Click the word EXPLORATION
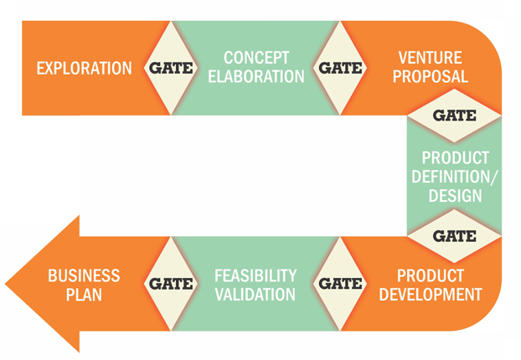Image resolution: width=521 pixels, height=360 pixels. (x=84, y=68)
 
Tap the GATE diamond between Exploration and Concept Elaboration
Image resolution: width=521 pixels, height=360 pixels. (x=171, y=68)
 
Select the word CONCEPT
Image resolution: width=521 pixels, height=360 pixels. (x=256, y=59)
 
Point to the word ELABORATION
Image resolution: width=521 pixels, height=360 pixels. (x=256, y=76)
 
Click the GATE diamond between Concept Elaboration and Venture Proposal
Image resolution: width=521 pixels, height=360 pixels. (x=340, y=68)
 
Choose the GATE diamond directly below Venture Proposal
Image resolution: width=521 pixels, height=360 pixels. (x=454, y=116)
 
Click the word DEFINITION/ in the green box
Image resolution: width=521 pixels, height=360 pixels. (x=453, y=177)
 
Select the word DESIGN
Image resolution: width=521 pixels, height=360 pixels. (x=453, y=196)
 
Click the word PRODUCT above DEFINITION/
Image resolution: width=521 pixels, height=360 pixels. (x=453, y=158)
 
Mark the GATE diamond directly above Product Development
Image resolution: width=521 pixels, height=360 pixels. (x=454, y=236)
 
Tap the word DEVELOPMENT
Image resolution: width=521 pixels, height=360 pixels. (x=430, y=294)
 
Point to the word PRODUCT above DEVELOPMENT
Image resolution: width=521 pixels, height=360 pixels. (x=430, y=275)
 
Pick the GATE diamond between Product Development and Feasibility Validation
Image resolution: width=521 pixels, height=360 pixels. (x=340, y=284)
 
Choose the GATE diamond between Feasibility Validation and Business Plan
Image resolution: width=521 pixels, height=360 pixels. (x=171, y=284)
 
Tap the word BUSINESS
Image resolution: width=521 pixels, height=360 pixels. (x=84, y=275)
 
